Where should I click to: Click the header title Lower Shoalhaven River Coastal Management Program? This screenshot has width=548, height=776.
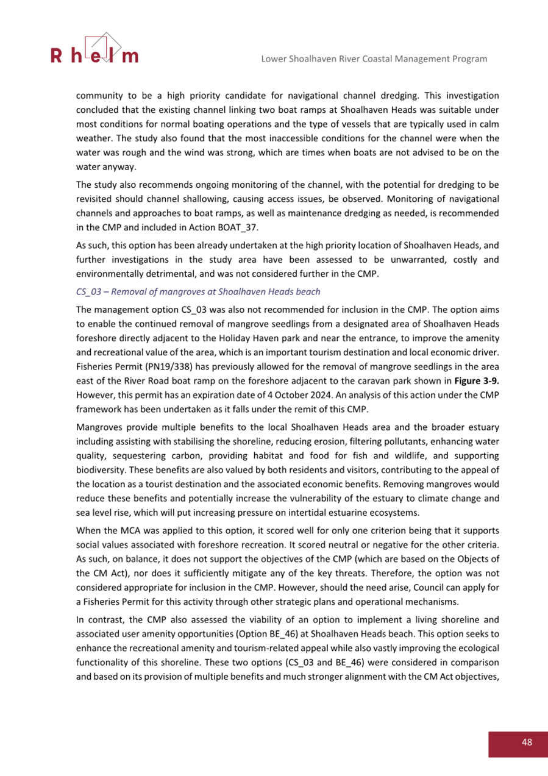click(x=374, y=59)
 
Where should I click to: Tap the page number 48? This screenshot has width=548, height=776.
click(x=527, y=742)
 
